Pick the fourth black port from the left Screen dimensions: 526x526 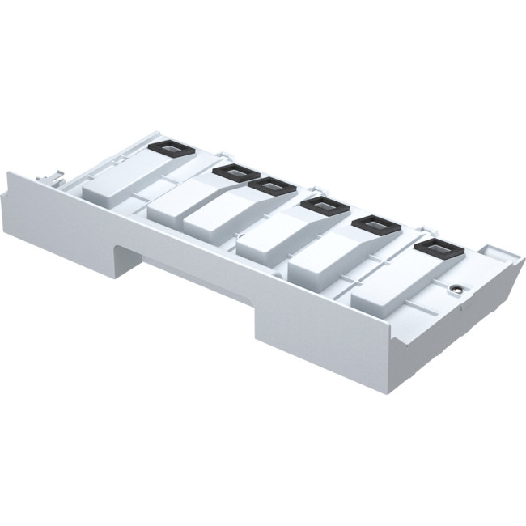(324, 206)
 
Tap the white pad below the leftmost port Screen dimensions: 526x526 (113, 186)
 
